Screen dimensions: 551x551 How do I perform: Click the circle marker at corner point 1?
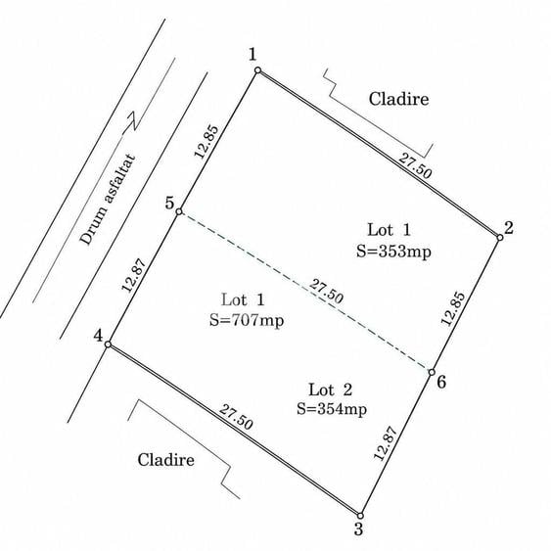[x=257, y=70]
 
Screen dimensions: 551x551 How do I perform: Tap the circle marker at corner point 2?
[x=500, y=238]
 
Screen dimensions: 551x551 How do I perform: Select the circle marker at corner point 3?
[x=360, y=516]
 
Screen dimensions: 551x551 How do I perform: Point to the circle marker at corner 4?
[x=109, y=344]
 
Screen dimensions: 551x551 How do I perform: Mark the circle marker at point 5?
[x=179, y=211]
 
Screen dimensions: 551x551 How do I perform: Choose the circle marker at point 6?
[x=432, y=372]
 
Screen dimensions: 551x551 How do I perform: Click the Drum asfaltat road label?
[x=108, y=200]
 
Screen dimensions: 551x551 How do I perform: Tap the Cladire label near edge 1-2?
[x=399, y=99]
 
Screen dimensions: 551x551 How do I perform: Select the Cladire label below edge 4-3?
[x=165, y=460]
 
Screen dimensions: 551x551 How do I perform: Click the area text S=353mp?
[x=393, y=252]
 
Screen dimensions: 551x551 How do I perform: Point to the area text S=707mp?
[x=247, y=320]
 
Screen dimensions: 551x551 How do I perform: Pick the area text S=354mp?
[x=332, y=409]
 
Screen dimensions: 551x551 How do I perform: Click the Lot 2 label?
[x=331, y=390]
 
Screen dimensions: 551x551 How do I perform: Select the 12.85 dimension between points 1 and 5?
[x=207, y=142]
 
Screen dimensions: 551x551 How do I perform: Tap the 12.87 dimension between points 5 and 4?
[x=133, y=275]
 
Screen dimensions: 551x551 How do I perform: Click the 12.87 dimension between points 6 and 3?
[x=386, y=443]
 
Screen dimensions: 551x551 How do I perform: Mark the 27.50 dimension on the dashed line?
[x=326, y=291]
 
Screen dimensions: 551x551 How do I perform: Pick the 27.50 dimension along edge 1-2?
[x=415, y=165]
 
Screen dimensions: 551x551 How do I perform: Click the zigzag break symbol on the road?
[x=130, y=123]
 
